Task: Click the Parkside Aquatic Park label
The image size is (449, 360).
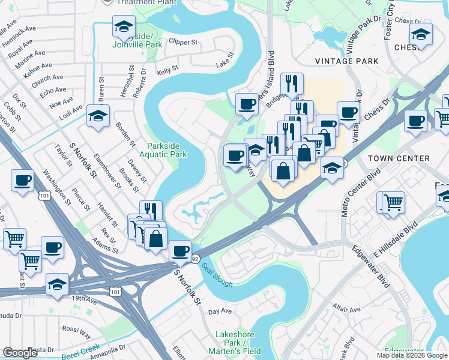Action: pyautogui.click(x=167, y=150)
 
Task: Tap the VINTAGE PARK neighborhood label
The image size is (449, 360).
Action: pyautogui.click(x=347, y=61)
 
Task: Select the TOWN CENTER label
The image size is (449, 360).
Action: pyautogui.click(x=399, y=158)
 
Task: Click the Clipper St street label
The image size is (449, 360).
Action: pyautogui.click(x=183, y=43)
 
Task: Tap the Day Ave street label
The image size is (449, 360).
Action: pyautogui.click(x=220, y=311)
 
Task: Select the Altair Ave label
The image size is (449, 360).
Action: pyautogui.click(x=348, y=310)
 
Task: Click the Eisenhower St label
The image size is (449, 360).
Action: pyautogui.click(x=107, y=173)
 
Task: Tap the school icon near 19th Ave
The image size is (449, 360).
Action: pyautogui.click(x=57, y=284)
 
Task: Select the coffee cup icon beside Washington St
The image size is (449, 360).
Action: pyautogui.click(x=22, y=180)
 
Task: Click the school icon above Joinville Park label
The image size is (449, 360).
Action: pyautogui.click(x=124, y=28)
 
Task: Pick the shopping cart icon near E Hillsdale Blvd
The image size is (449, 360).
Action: pyautogui.click(x=393, y=202)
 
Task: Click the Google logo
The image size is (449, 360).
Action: pyautogui.click(x=20, y=353)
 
